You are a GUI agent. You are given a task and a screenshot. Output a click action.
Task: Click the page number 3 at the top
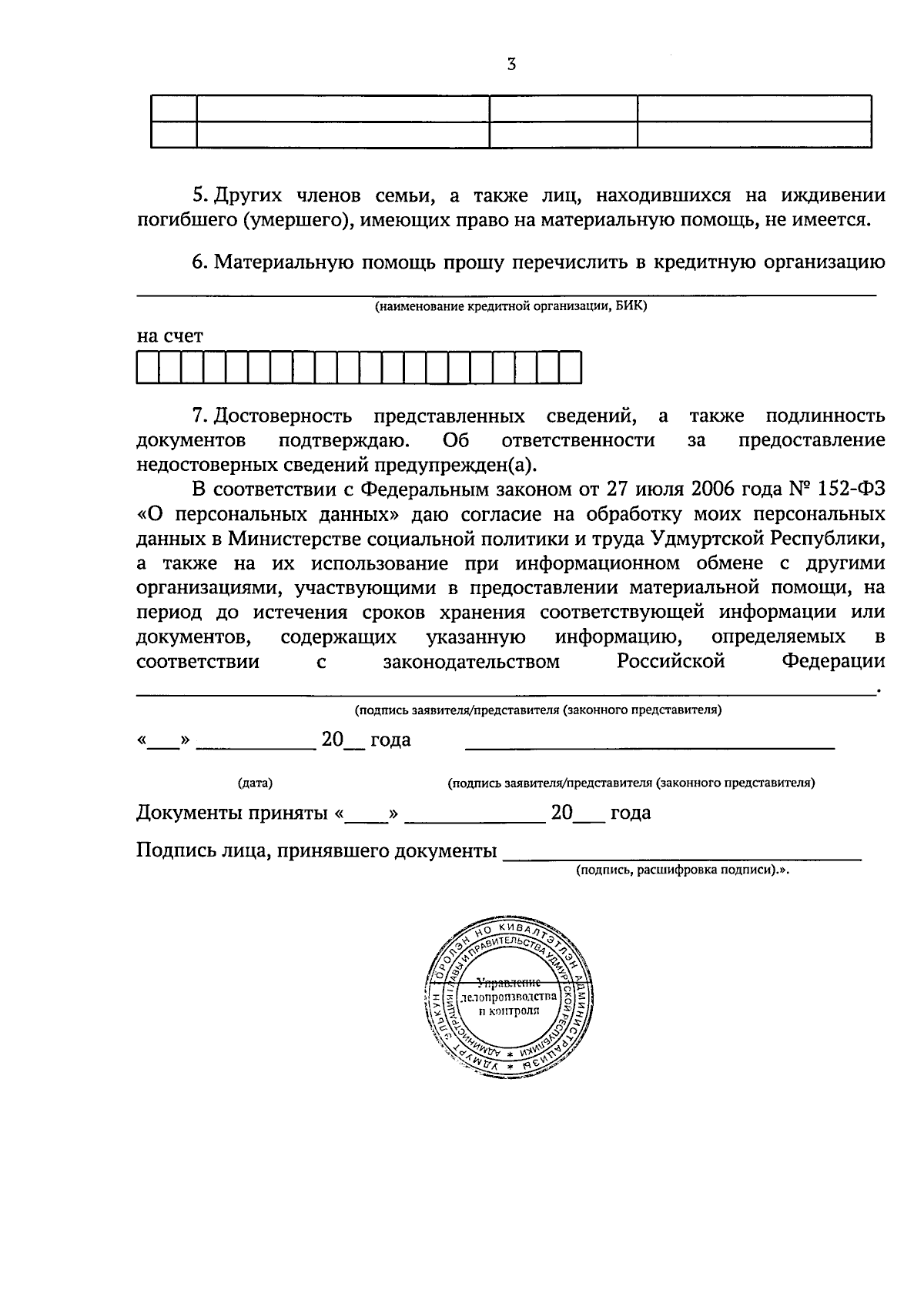click(511, 65)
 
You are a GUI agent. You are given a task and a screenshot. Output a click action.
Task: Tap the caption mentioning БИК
click(511, 307)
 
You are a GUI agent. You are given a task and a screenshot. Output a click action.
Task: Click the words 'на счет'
click(169, 336)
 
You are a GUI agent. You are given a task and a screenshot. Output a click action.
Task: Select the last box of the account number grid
click(571, 367)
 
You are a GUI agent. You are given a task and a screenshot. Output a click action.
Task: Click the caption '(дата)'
click(256, 783)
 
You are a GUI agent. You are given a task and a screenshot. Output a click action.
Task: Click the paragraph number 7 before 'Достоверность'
click(197, 416)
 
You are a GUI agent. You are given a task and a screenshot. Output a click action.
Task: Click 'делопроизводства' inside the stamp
click(507, 997)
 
